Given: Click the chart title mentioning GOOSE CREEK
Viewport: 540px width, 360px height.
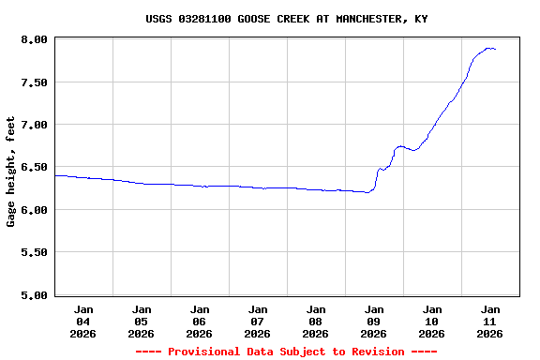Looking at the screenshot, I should tap(288, 19).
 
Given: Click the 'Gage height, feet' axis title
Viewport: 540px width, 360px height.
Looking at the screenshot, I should tap(11, 172).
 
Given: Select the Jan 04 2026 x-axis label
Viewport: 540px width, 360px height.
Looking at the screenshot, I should tap(83, 321).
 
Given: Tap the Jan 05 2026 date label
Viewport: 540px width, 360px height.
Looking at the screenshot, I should tap(142, 321).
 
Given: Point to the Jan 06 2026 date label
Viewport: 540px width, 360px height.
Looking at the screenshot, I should tap(200, 321).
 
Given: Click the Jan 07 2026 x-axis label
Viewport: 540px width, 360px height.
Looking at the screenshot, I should tap(258, 321).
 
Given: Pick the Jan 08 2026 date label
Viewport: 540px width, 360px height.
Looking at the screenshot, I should tap(316, 321).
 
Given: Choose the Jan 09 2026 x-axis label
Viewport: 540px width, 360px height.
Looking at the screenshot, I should tap(374, 321).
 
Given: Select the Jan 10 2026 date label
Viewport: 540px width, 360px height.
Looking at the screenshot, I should tap(432, 321).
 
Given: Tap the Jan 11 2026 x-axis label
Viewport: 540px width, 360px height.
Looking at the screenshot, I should tap(489, 321).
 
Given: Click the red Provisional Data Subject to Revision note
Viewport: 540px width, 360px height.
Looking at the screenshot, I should tap(286, 352).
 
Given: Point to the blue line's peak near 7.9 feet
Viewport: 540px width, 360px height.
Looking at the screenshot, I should tap(488, 48).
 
